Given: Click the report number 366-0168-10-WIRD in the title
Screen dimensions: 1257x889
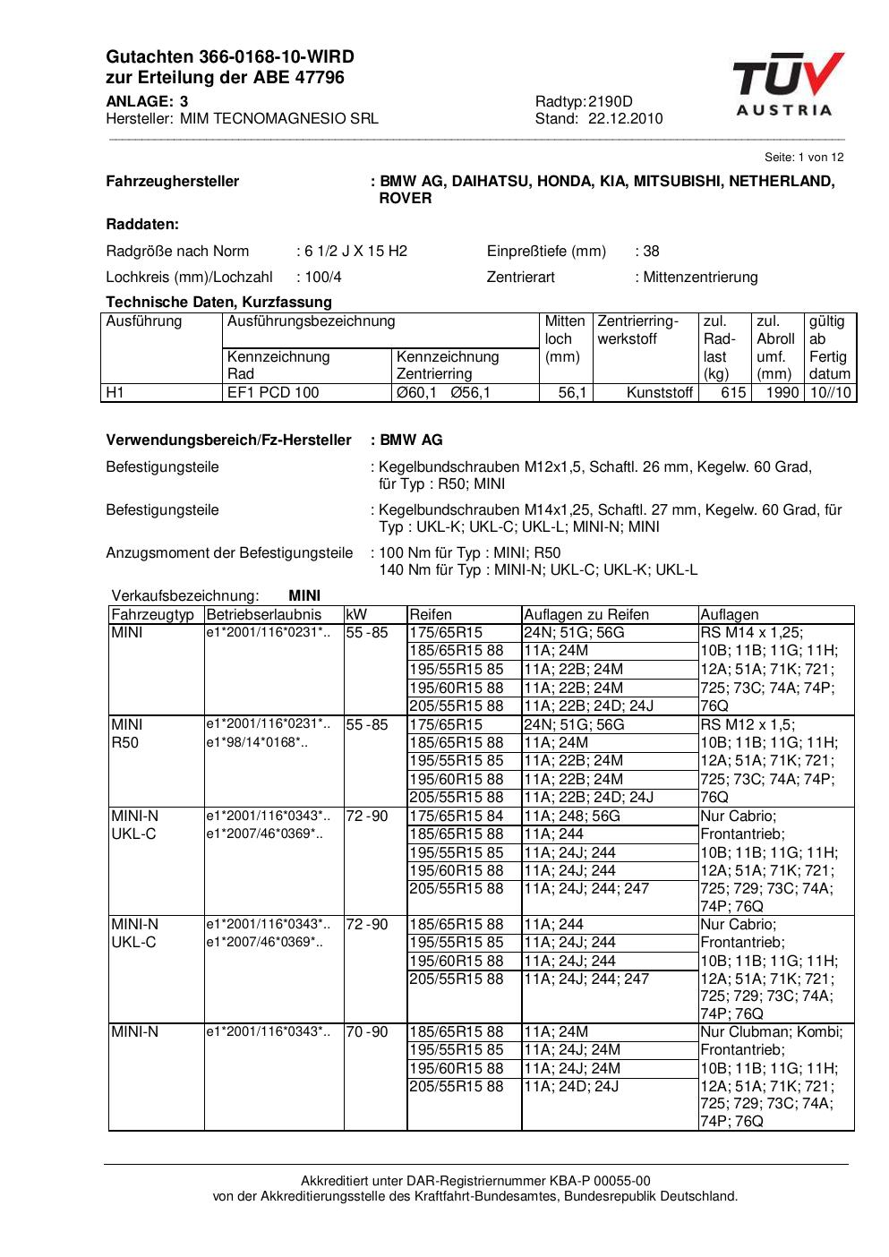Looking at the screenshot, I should pos(260,57).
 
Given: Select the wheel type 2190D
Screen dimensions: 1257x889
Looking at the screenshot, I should pos(610,102).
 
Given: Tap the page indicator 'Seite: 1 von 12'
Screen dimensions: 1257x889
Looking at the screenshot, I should pos(803,158).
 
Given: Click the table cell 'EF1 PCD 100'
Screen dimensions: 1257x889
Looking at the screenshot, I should pos(273,393).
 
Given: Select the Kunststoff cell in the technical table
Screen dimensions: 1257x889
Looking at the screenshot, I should pos(660,393).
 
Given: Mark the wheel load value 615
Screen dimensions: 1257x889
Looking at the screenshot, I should pos(733,393).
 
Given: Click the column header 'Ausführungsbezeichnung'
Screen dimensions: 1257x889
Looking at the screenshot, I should pos(311,321).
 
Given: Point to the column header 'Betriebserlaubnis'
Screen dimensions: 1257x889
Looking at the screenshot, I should pos(263,615).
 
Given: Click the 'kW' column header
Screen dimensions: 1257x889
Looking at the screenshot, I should pos(355,615).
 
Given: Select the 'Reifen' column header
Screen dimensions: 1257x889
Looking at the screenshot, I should pos(431,615).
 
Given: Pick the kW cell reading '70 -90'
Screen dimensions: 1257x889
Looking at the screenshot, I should pos(367,1032).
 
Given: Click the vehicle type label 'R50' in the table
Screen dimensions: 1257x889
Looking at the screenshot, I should pos(126,743).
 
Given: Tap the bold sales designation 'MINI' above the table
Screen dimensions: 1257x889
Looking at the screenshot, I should pos(304,596).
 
